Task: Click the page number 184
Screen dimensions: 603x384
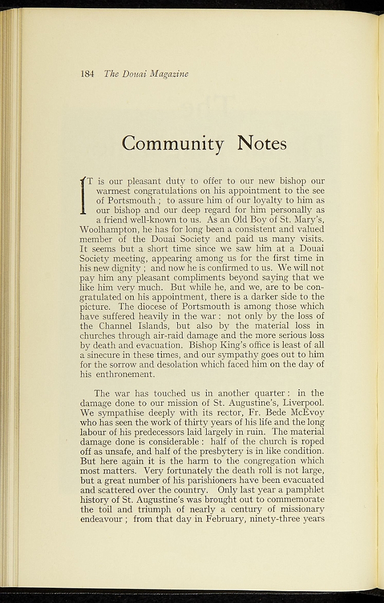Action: click(x=87, y=74)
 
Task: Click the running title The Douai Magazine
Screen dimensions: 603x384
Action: click(x=145, y=74)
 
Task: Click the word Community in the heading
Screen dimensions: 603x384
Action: click(x=173, y=143)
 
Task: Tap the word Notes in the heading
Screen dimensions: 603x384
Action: click(x=262, y=143)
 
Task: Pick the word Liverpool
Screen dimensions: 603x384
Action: click(x=300, y=403)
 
